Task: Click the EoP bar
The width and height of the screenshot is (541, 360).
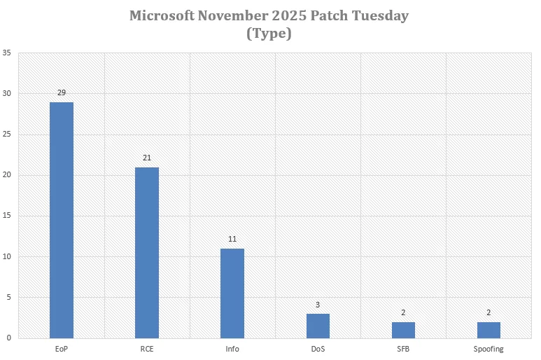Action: [62, 220]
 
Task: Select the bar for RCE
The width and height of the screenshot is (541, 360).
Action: [147, 253]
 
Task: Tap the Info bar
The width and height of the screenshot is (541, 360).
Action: [232, 293]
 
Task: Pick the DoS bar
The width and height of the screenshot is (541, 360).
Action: [318, 326]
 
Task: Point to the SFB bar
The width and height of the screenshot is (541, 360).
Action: [403, 330]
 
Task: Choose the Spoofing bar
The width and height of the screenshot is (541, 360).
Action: [489, 330]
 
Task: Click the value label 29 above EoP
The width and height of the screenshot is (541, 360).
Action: [62, 92]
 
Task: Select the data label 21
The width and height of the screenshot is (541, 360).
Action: [147, 158]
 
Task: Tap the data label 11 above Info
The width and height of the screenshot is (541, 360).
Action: [232, 240]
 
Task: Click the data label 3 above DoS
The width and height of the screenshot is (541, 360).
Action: [318, 305]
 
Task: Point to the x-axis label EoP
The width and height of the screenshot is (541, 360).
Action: [62, 348]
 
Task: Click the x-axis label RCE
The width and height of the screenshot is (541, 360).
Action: [147, 348]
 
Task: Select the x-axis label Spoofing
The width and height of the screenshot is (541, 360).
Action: [489, 348]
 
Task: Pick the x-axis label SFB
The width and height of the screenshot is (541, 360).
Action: [403, 348]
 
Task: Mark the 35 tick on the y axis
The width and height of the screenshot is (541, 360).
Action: [6, 53]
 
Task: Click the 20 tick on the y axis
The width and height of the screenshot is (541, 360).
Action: [6, 175]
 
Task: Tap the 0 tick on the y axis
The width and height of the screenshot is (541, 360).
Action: [8, 338]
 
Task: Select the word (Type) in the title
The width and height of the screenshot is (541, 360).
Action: [269, 32]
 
